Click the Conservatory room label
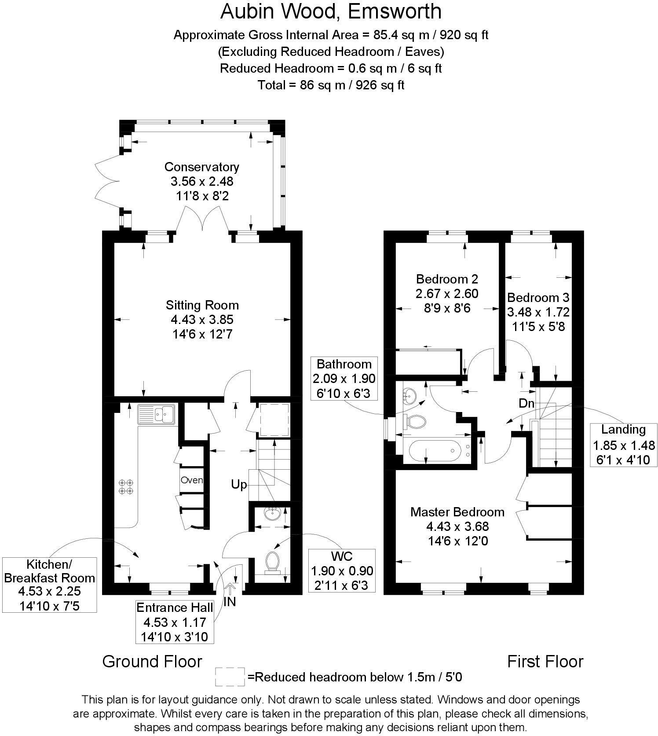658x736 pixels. tap(201, 167)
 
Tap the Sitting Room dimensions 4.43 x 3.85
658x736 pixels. tap(201, 320)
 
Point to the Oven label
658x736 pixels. tap(192, 480)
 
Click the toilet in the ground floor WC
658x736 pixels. tap(273, 562)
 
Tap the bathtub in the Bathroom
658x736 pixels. tap(435, 451)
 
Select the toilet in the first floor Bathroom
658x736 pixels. tap(416, 421)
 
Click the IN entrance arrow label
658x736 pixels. tap(230, 602)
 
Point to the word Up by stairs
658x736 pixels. tap(239, 485)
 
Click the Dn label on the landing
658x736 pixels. tap(526, 403)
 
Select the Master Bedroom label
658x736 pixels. tap(457, 512)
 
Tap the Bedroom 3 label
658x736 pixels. tap(538, 297)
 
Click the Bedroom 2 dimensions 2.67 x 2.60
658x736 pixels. tap(447, 294)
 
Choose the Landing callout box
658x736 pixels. tap(623, 445)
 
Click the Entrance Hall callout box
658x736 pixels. tap(175, 622)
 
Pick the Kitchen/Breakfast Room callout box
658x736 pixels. tap(49, 585)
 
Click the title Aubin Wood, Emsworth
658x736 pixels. tap(331, 12)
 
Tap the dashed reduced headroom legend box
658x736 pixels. tap(230, 677)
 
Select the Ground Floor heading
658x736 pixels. tap(152, 662)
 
